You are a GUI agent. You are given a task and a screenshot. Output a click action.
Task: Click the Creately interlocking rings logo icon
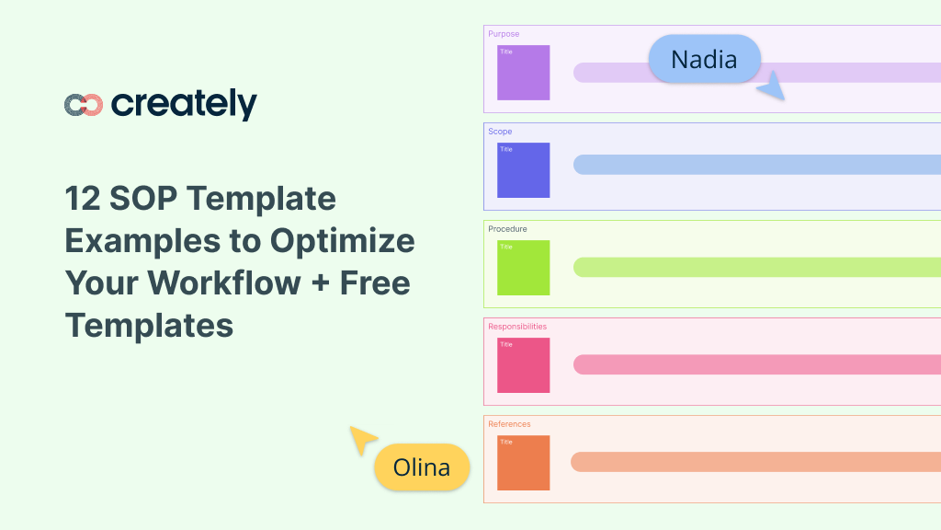84,105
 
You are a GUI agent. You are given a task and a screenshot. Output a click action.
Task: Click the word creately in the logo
184,104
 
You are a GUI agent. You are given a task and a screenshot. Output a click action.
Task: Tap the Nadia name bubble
704,59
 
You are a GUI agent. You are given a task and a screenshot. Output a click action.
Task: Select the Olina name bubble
422,467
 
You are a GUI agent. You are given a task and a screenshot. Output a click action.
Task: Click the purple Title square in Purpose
523,72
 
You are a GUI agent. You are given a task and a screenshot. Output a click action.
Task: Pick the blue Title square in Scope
523,169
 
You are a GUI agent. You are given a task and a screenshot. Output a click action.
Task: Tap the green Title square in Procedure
523,267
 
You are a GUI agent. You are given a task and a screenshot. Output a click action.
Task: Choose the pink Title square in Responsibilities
523,364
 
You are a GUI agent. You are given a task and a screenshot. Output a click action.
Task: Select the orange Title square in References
523,462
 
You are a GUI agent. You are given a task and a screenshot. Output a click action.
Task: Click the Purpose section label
504,34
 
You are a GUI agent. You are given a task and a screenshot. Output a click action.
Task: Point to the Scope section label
500,132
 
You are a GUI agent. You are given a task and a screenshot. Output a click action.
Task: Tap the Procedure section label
507,229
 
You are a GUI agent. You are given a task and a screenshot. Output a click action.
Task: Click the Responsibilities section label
517,327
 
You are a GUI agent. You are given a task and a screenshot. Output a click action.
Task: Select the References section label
509,424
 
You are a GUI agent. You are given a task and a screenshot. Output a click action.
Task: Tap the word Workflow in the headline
205,282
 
